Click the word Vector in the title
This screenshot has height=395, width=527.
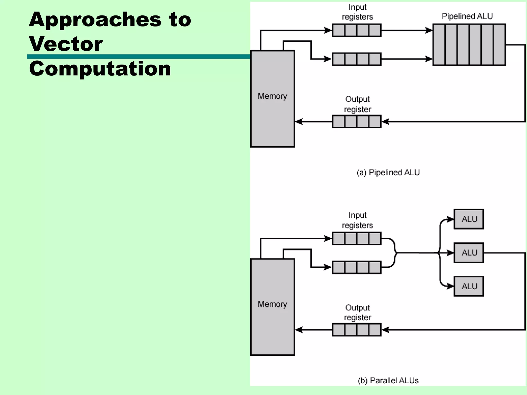point(66,44)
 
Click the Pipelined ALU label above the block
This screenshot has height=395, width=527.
point(467,16)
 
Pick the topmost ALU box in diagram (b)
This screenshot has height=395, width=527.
point(469,219)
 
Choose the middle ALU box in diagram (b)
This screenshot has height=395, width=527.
point(469,253)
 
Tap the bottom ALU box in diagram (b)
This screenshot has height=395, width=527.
point(469,286)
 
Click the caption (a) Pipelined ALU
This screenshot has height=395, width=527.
point(388,172)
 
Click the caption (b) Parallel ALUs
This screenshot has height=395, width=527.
point(388,380)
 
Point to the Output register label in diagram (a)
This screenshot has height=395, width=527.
point(357,104)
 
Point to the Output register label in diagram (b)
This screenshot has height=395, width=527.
point(357,312)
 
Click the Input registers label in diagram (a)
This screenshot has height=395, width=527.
point(357,12)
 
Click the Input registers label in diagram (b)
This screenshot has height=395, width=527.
point(357,220)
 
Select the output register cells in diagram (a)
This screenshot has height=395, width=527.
point(357,122)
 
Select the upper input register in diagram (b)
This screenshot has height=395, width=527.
point(357,238)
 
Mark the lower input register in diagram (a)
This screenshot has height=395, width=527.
point(357,59)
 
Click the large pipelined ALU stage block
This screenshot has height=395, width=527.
point(469,45)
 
